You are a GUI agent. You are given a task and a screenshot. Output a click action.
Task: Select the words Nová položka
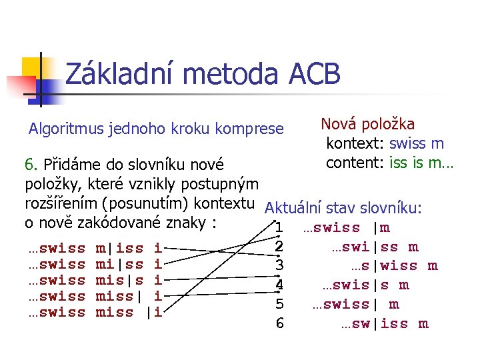tap(368, 125)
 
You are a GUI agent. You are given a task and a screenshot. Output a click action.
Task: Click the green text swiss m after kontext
tap(417, 144)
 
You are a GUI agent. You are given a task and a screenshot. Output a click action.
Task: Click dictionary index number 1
tap(280, 229)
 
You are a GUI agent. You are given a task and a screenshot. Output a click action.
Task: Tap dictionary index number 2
tap(280, 247)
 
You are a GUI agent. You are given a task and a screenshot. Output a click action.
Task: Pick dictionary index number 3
tap(280, 266)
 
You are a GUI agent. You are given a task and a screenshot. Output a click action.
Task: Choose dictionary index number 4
tap(280, 285)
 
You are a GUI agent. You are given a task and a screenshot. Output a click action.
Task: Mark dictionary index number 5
tap(280, 305)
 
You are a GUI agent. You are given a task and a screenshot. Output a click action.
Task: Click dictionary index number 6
tap(280, 324)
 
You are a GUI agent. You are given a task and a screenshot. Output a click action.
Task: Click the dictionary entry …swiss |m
tap(347, 228)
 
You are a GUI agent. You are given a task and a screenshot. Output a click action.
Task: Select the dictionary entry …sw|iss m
tap(385, 325)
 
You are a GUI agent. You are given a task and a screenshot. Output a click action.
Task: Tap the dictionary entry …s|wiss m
tap(394, 267)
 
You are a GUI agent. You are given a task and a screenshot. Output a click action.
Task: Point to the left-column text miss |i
tap(129, 312)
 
